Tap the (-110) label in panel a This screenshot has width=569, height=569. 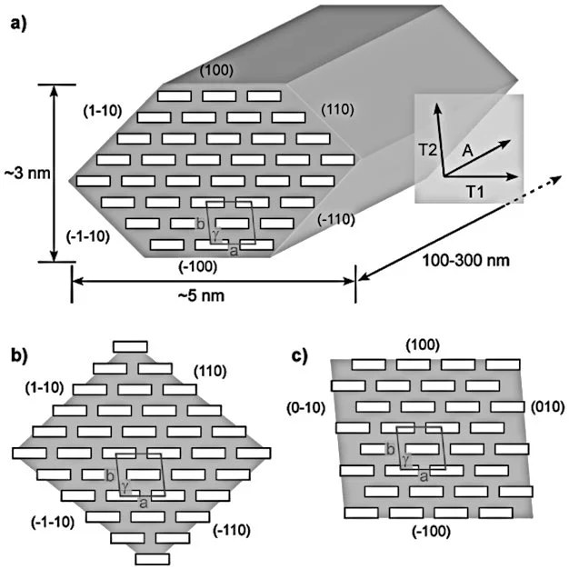pyautogui.click(x=335, y=218)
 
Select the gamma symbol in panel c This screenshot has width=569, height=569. pyautogui.click(x=403, y=462)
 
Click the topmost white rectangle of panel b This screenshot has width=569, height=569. pyautogui.click(x=130, y=346)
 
